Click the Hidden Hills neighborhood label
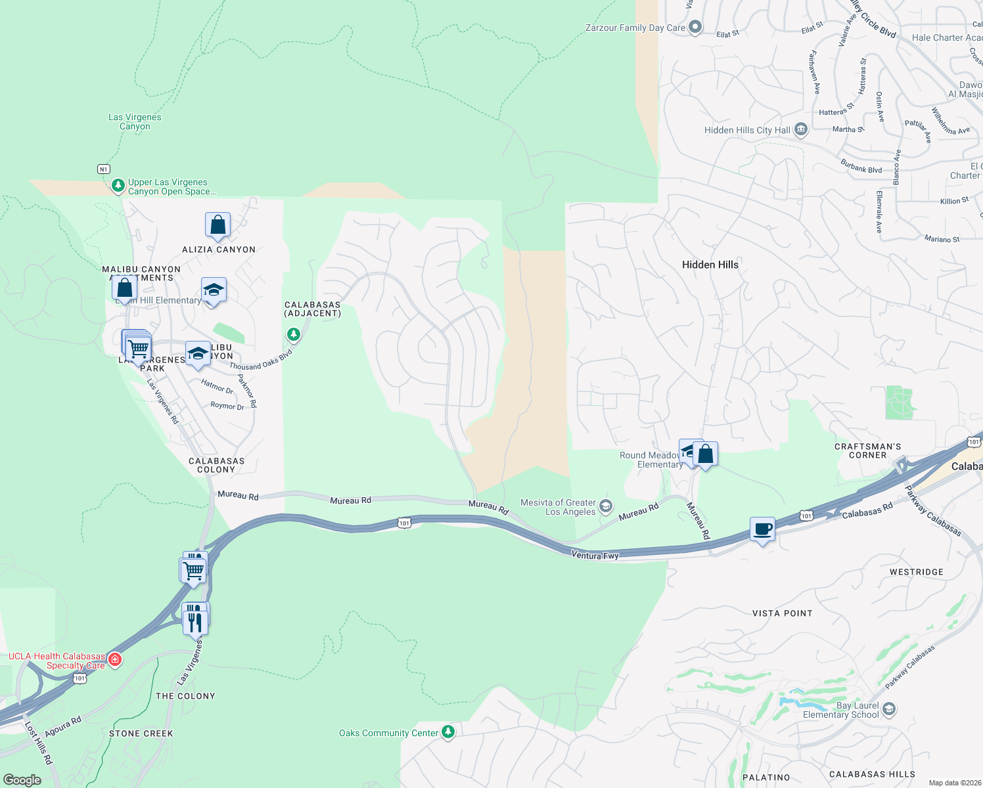pyautogui.click(x=710, y=265)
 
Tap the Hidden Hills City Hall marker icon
pyautogui.click(x=800, y=129)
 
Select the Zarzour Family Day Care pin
pyautogui.click(x=695, y=28)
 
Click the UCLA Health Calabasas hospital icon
pyautogui.click(x=115, y=659)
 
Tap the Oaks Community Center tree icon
pyautogui.click(x=448, y=732)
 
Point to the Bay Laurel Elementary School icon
pyautogui.click(x=889, y=709)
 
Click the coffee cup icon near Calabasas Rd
pyautogui.click(x=762, y=529)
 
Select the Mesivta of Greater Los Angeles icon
pyautogui.click(x=606, y=506)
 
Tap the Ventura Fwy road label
pyautogui.click(x=595, y=556)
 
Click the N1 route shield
pyautogui.click(x=103, y=169)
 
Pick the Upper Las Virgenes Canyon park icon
pyautogui.click(x=118, y=186)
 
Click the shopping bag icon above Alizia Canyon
pyautogui.click(x=217, y=225)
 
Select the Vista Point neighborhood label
pyautogui.click(x=782, y=613)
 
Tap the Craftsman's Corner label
pyautogui.click(x=867, y=450)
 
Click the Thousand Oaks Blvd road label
pyautogui.click(x=261, y=360)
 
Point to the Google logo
pyautogui.click(x=22, y=779)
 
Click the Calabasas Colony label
pyautogui.click(x=216, y=465)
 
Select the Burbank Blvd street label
pyautogui.click(x=861, y=165)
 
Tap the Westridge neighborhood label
pyautogui.click(x=916, y=572)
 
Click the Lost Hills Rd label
pyautogui.click(x=38, y=742)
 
